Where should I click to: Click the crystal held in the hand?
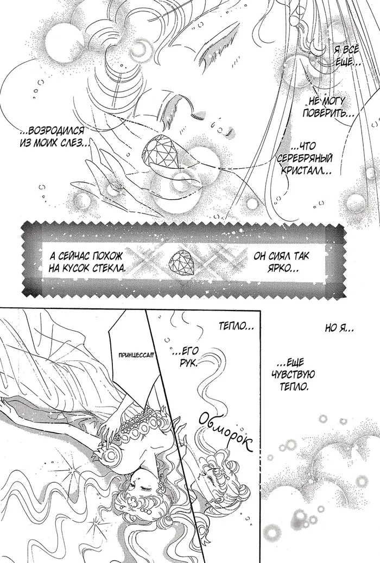pos(157,151)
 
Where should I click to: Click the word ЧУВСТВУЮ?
pos(294,375)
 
